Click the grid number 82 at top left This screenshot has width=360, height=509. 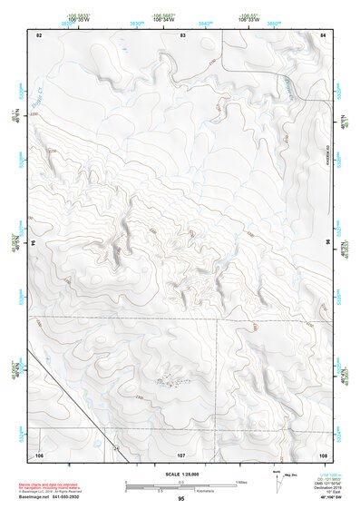39,34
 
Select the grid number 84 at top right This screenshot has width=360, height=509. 324,34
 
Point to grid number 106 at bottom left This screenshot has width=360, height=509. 39,453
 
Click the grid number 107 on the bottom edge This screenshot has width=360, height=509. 181,453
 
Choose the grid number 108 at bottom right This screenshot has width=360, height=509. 323,453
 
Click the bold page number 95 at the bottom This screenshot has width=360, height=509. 181,498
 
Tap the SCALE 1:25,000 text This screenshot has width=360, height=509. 181,475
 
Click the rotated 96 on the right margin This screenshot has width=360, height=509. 326,243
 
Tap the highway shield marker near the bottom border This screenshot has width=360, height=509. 116,448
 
